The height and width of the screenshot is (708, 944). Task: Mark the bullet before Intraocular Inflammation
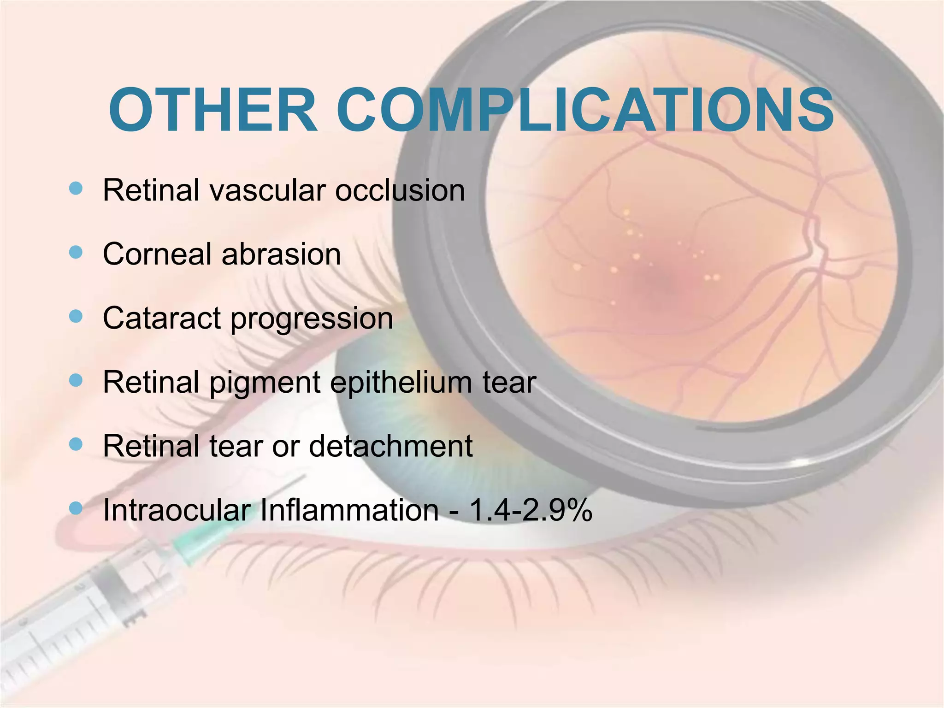76,508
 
